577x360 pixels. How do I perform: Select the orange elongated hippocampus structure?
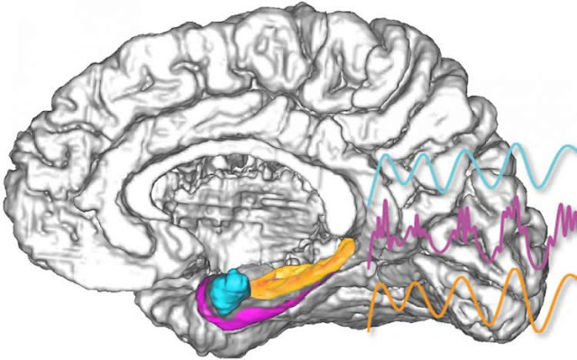coord(298,275)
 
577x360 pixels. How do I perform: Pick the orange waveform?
coord(469,298)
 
